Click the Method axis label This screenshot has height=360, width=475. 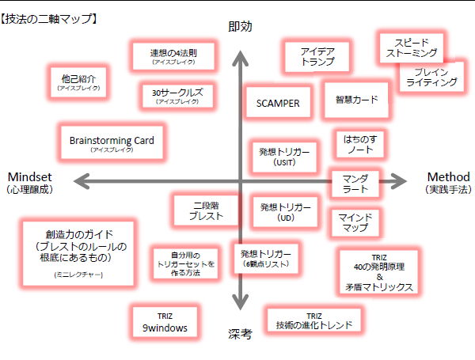tap(448, 182)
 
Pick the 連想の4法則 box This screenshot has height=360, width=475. tap(173, 56)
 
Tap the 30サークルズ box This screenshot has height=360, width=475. tap(177, 96)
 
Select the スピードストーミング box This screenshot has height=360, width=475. tap(410, 47)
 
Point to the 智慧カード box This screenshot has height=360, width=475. tap(356, 100)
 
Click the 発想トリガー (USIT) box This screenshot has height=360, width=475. tap(283, 154)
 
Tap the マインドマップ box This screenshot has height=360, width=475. tap(355, 222)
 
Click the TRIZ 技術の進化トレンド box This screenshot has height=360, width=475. tap(313, 320)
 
